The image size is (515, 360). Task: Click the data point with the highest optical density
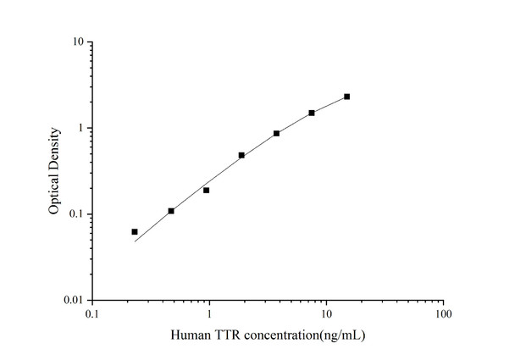click(x=346, y=97)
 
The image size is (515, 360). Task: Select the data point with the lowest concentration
click(x=135, y=231)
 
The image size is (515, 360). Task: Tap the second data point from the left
click(x=171, y=211)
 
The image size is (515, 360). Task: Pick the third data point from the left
click(x=206, y=190)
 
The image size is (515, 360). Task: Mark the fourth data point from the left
click(x=241, y=155)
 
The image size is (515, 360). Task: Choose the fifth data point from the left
click(x=276, y=133)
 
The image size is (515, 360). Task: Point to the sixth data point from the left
click(x=312, y=113)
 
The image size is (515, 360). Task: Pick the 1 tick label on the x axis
click(x=209, y=314)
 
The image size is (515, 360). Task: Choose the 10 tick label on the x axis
click(x=326, y=314)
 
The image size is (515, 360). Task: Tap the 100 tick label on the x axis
click(x=443, y=314)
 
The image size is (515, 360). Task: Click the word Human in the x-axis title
click(x=189, y=334)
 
